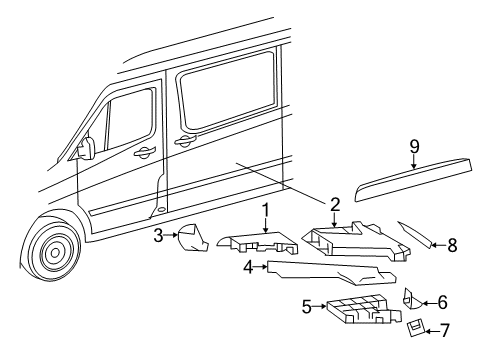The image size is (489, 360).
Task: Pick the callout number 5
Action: coord(306,307)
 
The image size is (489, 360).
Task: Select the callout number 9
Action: coord(412,146)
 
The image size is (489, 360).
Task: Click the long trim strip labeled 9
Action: coord(410,181)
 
